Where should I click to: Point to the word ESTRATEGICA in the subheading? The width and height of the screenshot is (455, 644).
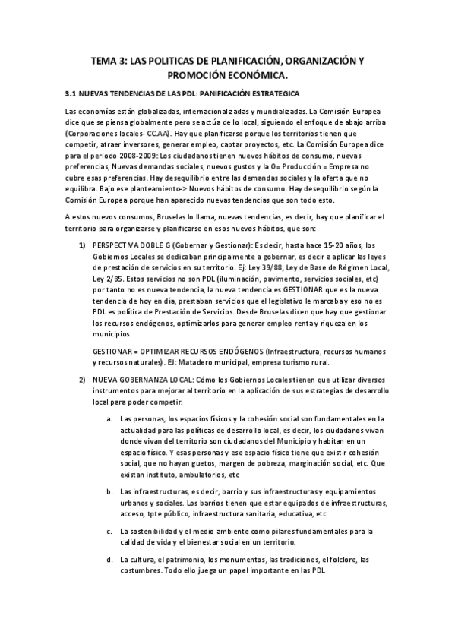(273, 93)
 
